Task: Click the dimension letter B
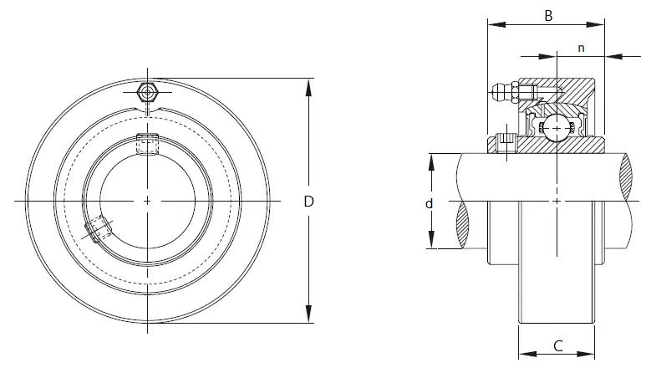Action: coord(548,16)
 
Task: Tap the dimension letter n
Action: coord(582,49)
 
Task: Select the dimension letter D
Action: coord(308,202)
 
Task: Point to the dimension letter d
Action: coord(430,203)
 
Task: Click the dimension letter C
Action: coord(558,345)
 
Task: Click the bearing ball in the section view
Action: coord(557,128)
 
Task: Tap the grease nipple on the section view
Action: coord(504,92)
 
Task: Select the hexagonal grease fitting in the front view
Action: coord(147,92)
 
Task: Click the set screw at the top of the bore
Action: coord(147,144)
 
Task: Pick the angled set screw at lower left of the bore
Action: coord(98,229)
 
